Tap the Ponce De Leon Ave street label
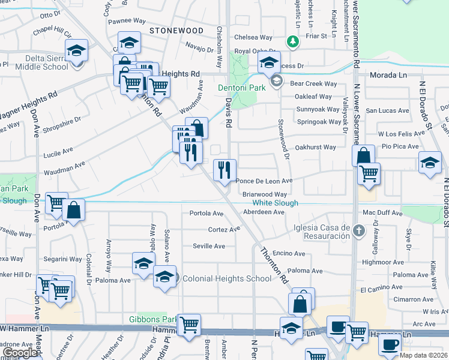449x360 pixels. [264, 181]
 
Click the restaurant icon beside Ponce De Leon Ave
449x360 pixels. [225, 170]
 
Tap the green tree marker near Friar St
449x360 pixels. [292, 41]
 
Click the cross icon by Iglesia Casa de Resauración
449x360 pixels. [358, 231]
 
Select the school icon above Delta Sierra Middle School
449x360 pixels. [77, 50]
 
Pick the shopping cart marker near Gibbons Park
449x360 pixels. [189, 325]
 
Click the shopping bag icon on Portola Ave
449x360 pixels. [73, 210]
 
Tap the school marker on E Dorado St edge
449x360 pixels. [430, 163]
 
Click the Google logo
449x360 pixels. [20, 353]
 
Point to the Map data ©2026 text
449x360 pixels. [424, 355]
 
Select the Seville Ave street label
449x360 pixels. [209, 246]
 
